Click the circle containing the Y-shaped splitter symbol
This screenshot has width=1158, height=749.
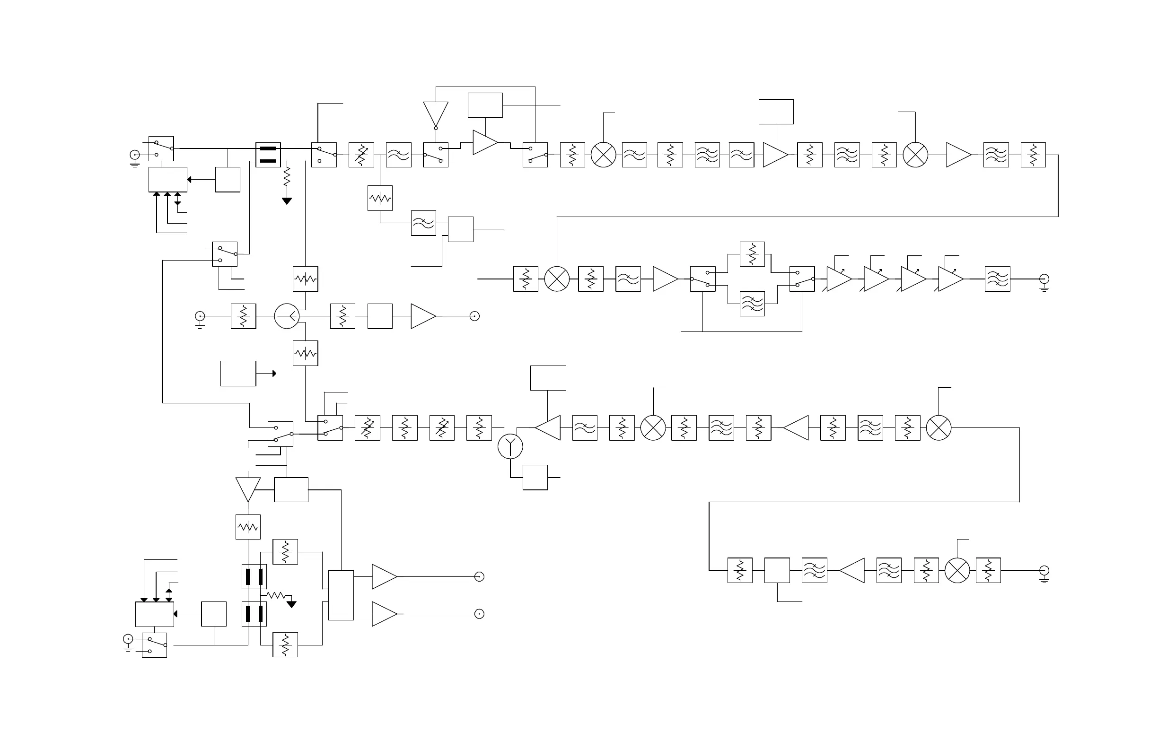[x=510, y=446]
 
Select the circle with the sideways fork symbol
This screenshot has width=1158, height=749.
[x=287, y=316]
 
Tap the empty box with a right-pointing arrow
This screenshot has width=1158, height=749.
[x=238, y=374]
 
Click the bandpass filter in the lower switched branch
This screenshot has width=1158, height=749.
[x=752, y=304]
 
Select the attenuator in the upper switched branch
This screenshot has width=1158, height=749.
[x=752, y=254]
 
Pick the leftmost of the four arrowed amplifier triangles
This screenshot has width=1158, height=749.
[x=838, y=279]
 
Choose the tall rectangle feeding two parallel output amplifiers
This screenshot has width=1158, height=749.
[x=341, y=595]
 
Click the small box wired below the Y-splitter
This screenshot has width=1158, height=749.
[x=535, y=478]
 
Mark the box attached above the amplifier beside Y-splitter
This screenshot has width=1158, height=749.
[x=548, y=378]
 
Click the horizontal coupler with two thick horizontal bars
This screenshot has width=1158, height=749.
[x=268, y=155]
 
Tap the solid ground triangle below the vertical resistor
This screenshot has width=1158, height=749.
[x=287, y=201]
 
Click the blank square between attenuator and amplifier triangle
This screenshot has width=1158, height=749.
[x=380, y=316]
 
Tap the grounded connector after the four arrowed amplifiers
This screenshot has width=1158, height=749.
[x=1044, y=279]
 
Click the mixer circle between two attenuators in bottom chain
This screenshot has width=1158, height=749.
[x=957, y=571]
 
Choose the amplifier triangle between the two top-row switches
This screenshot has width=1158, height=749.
[x=484, y=142]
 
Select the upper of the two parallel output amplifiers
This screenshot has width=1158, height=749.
[x=384, y=577]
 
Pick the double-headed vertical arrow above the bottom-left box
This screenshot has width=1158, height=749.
[x=169, y=595]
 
